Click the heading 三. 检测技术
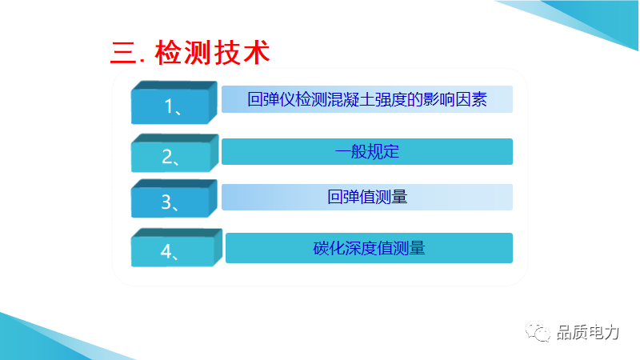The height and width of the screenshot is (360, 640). (190, 53)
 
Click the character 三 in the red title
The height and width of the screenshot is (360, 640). (123, 53)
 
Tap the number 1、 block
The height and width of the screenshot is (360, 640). (174, 102)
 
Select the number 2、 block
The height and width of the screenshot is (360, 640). (174, 153)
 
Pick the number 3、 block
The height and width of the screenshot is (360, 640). (174, 198)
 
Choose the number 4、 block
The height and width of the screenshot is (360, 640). (176, 248)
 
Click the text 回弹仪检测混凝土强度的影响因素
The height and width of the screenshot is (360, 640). (367, 99)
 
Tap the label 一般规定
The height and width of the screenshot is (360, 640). (367, 151)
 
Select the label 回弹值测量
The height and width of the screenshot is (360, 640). (367, 197)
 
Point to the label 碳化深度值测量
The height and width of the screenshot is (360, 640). (369, 248)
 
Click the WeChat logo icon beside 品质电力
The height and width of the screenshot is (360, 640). (538, 332)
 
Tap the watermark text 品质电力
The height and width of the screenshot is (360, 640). (588, 333)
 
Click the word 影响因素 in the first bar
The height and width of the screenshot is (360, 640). (455, 99)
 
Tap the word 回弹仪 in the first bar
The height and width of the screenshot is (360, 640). (271, 99)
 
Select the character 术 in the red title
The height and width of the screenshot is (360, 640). (257, 53)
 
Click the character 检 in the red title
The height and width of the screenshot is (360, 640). (168, 53)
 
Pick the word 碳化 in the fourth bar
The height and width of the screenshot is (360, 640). (329, 248)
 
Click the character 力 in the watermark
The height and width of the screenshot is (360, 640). (612, 333)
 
